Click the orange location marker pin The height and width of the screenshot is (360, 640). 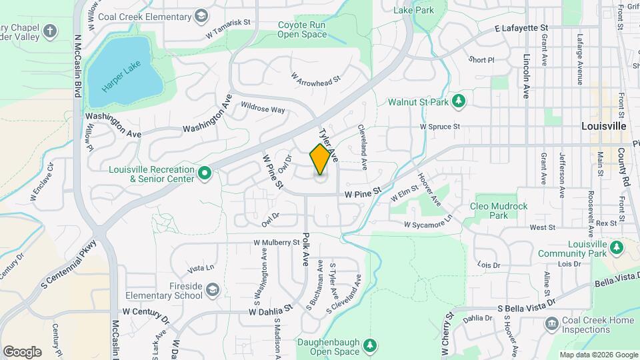[321, 159]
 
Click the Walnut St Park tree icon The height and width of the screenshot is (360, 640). [459, 101]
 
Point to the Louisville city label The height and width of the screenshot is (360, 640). [603, 125]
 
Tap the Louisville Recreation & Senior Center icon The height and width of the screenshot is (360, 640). [205, 174]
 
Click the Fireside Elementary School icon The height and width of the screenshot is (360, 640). [212, 290]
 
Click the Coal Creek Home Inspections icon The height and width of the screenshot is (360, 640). [551, 325]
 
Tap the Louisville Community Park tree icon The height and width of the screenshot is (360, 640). [617, 248]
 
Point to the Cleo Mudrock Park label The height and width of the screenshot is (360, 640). [499, 211]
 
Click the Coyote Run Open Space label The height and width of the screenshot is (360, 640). [302, 29]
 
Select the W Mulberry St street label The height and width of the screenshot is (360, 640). [276, 243]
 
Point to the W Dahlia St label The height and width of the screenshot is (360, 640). [271, 310]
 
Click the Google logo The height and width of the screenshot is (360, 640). [22, 351]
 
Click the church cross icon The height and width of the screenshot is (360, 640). [50, 31]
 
